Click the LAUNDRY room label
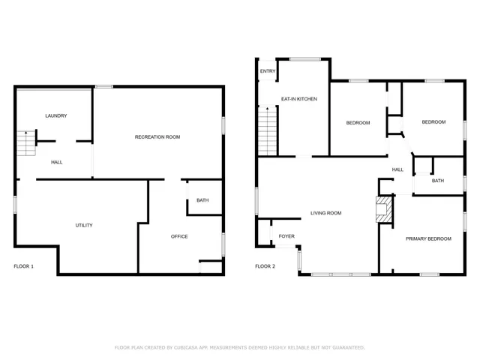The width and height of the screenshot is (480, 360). tap(56, 115)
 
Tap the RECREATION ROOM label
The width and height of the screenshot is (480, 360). tap(157, 136)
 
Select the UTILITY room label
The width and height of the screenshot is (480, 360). tap(84, 225)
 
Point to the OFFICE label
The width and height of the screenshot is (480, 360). tap(179, 236)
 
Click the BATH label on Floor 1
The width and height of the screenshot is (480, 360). tap(202, 200)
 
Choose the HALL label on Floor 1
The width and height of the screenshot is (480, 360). tap(57, 162)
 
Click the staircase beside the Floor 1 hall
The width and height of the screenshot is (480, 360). tap(26, 143)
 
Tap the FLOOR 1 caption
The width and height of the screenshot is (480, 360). tap(24, 266)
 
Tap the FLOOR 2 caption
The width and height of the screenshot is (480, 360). tap(265, 266)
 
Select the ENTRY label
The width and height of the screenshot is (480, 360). tap(268, 71)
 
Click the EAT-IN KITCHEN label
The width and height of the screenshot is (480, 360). tap(299, 98)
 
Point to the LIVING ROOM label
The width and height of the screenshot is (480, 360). tap(326, 213)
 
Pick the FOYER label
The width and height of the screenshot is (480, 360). tap(286, 235)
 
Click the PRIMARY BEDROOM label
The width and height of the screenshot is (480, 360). tap(428, 238)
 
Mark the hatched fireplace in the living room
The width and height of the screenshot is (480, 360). tap(384, 210)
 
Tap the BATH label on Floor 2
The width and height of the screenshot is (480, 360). tap(438, 181)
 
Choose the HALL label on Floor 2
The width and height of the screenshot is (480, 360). tap(397, 169)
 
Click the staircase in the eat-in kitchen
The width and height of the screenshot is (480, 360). tap(268, 130)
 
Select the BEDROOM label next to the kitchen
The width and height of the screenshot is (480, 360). tap(358, 122)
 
